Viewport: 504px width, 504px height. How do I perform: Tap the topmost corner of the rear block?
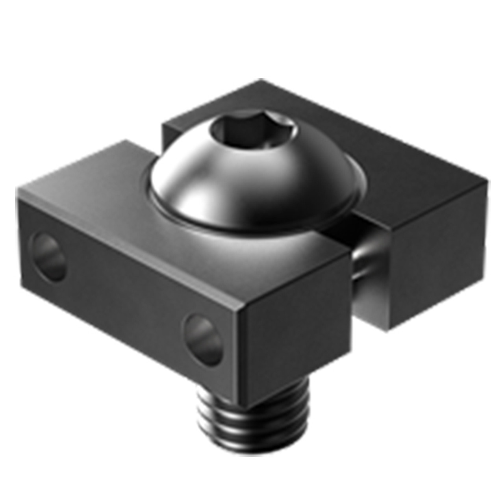pyautogui.click(x=261, y=80)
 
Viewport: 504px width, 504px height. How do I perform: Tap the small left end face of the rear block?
pyautogui.click(x=167, y=134)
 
